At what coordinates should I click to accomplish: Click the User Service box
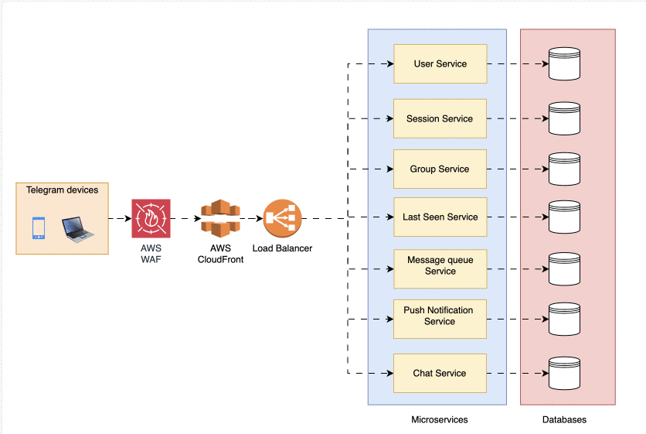click(440, 63)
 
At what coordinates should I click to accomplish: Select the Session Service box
click(440, 118)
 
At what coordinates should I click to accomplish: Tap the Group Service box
click(440, 169)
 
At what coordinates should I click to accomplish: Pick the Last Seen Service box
click(440, 217)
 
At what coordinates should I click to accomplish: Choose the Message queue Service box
click(440, 266)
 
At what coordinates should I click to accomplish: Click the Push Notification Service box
click(440, 316)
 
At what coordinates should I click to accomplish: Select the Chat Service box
click(440, 373)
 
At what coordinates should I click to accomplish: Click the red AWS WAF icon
click(151, 218)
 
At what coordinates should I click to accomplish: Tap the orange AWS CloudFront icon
click(220, 218)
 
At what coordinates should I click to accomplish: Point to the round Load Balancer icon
click(282, 218)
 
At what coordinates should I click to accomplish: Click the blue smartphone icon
click(39, 228)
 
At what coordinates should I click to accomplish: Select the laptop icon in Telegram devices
click(77, 229)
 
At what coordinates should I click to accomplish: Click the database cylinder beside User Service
click(563, 63)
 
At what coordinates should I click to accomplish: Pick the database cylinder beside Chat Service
click(563, 373)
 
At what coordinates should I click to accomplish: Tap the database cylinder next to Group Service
click(563, 169)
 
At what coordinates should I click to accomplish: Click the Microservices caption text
click(439, 419)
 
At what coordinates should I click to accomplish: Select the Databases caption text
click(564, 419)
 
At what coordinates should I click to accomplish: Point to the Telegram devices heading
click(62, 190)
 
